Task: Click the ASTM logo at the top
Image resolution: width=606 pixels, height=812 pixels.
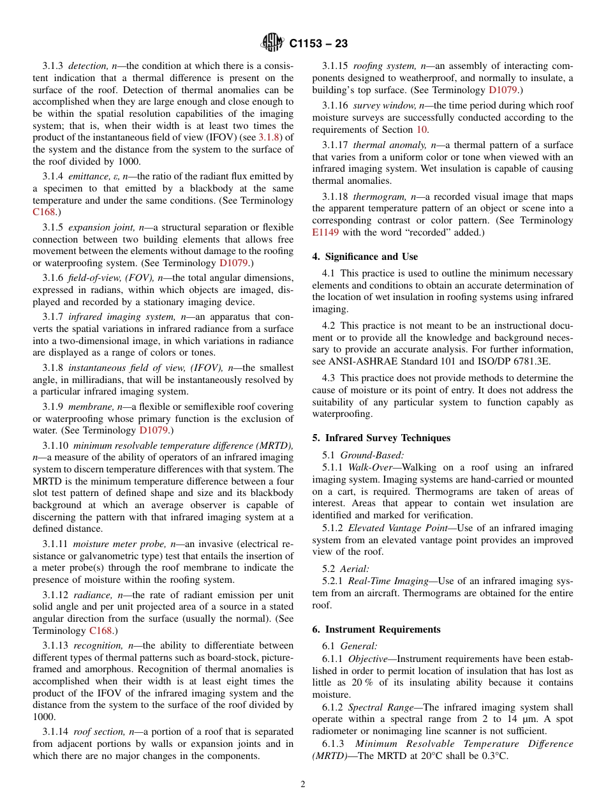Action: [272, 43]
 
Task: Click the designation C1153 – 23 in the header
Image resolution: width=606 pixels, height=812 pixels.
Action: [318, 44]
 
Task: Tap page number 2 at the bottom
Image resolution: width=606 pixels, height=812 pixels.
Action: [303, 785]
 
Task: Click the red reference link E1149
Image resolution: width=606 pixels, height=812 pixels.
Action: [325, 232]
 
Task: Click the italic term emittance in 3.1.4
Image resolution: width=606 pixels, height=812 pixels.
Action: [84, 176]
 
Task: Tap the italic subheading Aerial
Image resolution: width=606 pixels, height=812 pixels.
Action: [355, 569]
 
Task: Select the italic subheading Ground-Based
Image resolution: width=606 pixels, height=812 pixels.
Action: [371, 455]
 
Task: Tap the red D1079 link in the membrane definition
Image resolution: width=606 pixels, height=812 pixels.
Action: [153, 430]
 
